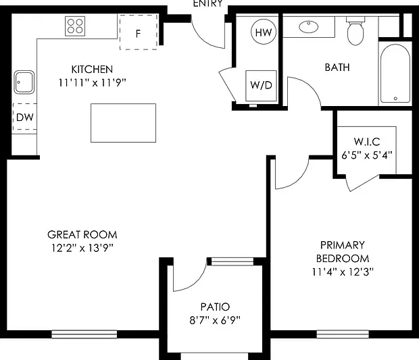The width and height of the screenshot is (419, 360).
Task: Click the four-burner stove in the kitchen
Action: coord(75,26)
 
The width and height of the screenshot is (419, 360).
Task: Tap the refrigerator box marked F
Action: coord(139,32)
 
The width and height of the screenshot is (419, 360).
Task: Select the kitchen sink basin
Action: coord(24,82)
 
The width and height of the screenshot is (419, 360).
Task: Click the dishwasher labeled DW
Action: coord(24,117)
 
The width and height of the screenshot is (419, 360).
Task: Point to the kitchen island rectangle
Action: coord(123,123)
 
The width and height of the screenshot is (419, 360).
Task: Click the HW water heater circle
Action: coord(264,32)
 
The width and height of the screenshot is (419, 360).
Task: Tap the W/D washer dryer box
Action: coord(261,86)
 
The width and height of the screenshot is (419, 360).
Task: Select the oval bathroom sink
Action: coord(309,27)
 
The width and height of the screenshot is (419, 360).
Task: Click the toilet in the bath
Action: coord(355,30)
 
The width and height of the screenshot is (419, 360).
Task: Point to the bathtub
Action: coord(395,74)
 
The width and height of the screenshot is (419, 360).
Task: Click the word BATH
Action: coord(337,68)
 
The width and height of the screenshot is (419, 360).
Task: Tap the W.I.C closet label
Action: coord(367,142)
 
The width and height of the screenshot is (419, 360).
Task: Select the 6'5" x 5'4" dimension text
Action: coord(367,155)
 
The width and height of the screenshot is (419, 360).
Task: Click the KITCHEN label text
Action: coord(92,70)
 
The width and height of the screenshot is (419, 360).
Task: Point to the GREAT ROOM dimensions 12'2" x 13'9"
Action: coord(82,248)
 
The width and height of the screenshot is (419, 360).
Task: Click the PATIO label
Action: coord(215,307)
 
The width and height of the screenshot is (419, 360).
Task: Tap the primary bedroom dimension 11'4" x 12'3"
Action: coord(343,272)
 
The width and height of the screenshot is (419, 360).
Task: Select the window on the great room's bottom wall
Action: coord(84,334)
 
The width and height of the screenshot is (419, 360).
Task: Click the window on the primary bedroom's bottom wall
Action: coord(343,334)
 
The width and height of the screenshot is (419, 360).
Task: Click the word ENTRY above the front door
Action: coord(208,3)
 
